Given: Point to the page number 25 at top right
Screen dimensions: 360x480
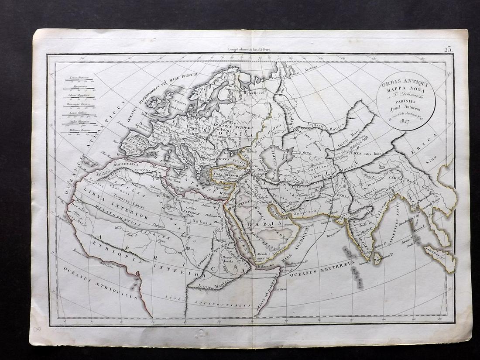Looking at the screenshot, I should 448,49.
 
